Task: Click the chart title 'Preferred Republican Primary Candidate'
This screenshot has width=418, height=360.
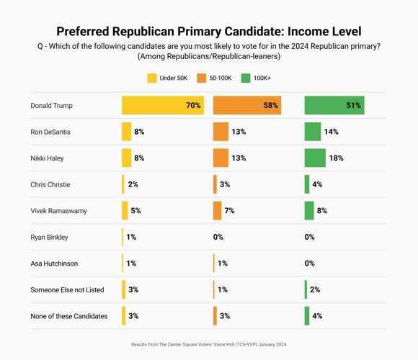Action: pyautogui.click(x=208, y=32)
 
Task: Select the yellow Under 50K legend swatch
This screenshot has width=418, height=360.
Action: pyautogui.click(x=152, y=78)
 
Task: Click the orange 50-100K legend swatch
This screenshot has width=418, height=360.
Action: pyautogui.click(x=202, y=78)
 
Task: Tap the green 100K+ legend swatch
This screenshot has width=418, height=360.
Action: pyautogui.click(x=246, y=78)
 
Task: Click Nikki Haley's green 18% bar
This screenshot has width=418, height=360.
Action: pyautogui.click(x=315, y=158)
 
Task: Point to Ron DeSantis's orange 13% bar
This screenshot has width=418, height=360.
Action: pyautogui.click(x=221, y=132)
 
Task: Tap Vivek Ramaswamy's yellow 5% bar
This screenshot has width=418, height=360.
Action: pyautogui.click(x=125, y=211)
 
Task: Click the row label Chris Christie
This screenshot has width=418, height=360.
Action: pyautogui.click(x=50, y=185)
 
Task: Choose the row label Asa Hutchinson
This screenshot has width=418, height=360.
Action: pyautogui.click(x=54, y=264)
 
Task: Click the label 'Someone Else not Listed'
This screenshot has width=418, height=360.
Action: pyautogui.click(x=67, y=290)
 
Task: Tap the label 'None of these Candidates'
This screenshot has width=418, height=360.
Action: pyautogui.click(x=69, y=316)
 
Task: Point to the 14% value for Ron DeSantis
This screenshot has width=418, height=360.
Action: pyautogui.click(x=331, y=132)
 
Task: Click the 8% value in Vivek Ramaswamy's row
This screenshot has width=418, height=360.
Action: pyautogui.click(x=321, y=211)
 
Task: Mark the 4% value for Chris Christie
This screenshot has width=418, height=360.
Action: pyautogui.click(x=317, y=185)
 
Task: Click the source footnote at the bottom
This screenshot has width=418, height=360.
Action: pyautogui.click(x=208, y=345)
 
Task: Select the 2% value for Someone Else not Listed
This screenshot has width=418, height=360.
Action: pyautogui.click(x=315, y=290)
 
